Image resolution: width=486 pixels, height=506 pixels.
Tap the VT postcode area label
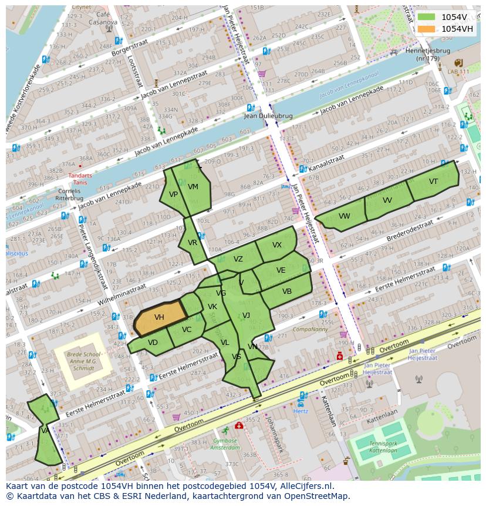pos(433,182)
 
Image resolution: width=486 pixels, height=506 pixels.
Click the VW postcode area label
pos(344,216)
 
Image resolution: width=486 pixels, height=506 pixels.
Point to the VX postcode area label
pos(277,245)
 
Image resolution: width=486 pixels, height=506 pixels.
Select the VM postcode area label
pos(193,187)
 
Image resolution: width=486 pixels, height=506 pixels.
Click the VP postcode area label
pos(173,195)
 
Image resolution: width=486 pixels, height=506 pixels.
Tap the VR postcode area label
pos(193,243)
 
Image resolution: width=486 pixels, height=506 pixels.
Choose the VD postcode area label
pos(153,343)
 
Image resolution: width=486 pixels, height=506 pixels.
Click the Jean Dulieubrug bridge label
pos(268,116)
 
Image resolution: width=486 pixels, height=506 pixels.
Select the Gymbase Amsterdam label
pos(225,444)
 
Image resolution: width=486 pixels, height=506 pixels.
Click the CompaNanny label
pos(310,330)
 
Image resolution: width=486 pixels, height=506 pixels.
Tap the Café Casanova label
pos(103,18)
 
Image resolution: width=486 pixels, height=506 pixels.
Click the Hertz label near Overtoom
pos(301,411)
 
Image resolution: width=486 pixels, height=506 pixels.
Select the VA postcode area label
pos(45,431)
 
